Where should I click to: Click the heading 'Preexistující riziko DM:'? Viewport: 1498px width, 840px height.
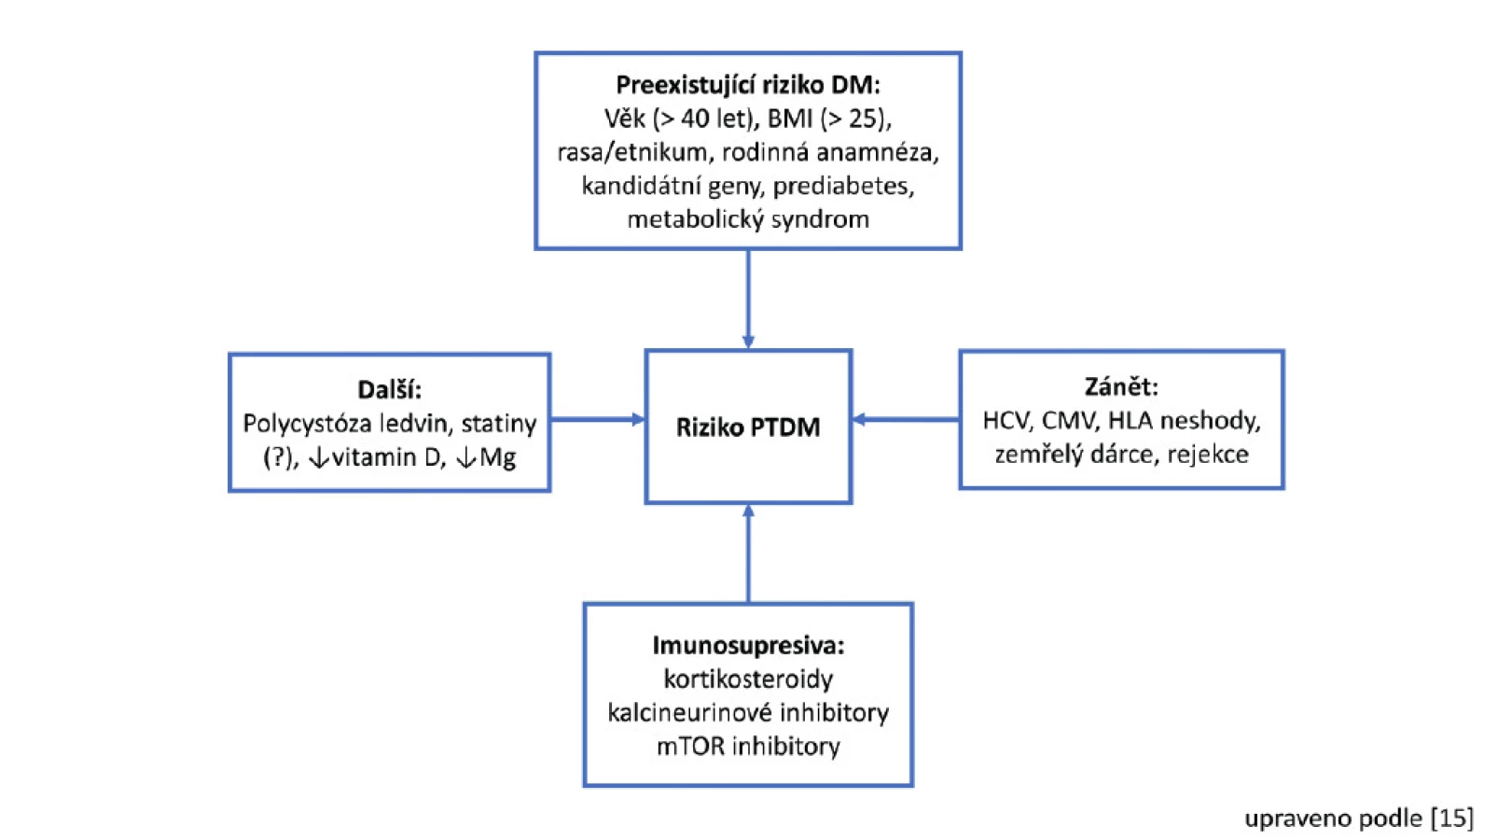pyautogui.click(x=748, y=85)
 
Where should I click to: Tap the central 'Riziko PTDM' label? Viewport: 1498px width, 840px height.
pyautogui.click(x=748, y=427)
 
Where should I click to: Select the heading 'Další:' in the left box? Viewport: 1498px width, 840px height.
pyautogui.click(x=389, y=389)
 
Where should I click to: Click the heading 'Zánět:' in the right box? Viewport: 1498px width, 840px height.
pyautogui.click(x=1121, y=387)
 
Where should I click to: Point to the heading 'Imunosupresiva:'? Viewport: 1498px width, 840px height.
pyautogui.click(x=748, y=645)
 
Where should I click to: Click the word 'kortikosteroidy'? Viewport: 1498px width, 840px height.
pyautogui.click(x=748, y=679)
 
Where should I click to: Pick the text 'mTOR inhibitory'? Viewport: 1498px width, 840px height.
pyautogui.click(x=748, y=746)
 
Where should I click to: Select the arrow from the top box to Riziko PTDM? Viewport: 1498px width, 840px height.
pyautogui.click(x=748, y=300)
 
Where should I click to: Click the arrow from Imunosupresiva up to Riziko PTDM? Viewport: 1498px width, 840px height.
pyautogui.click(x=748, y=553)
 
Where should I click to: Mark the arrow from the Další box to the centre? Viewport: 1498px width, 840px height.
pyautogui.click(x=598, y=420)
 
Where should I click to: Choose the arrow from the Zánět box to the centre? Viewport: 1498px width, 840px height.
pyautogui.click(x=906, y=420)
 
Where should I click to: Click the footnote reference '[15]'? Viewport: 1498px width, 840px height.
pyautogui.click(x=1452, y=818)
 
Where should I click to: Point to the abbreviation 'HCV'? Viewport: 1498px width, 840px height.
pyautogui.click(x=1006, y=421)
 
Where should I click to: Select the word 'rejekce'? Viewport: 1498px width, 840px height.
pyautogui.click(x=1208, y=455)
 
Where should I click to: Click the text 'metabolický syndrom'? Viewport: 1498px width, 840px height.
pyautogui.click(x=748, y=219)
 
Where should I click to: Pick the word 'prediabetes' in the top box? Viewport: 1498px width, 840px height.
pyautogui.click(x=843, y=186)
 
